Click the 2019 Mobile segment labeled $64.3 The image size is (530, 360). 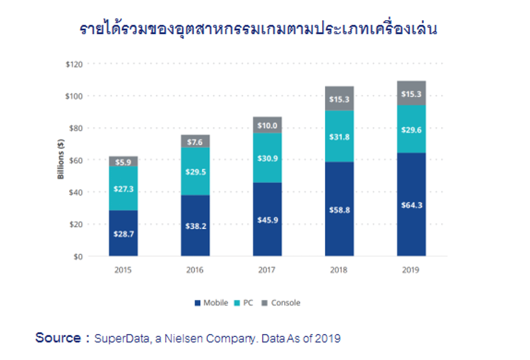tap(411, 204)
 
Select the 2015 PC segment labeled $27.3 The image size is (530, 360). tap(123, 188)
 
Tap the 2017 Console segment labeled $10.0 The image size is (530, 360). tap(267, 125)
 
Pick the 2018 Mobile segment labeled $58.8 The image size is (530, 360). tap(340, 209)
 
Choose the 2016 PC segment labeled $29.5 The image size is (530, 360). tap(195, 172)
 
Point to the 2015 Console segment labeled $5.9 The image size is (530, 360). tap(123, 161)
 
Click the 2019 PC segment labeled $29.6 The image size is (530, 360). tap(411, 129)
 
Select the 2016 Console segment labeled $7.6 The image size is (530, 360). tap(195, 142)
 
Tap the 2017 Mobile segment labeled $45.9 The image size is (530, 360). tap(267, 220)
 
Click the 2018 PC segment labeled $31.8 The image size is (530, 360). tap(340, 137)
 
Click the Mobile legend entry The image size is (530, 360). tap(211, 303)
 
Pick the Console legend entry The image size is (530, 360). tap(282, 303)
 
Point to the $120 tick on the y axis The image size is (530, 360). tap(73, 64)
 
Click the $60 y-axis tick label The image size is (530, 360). tap(75, 160)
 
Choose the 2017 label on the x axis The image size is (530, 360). tap(267, 269)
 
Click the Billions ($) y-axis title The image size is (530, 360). tap(61, 160)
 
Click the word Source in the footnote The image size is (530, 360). tap(58, 338)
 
